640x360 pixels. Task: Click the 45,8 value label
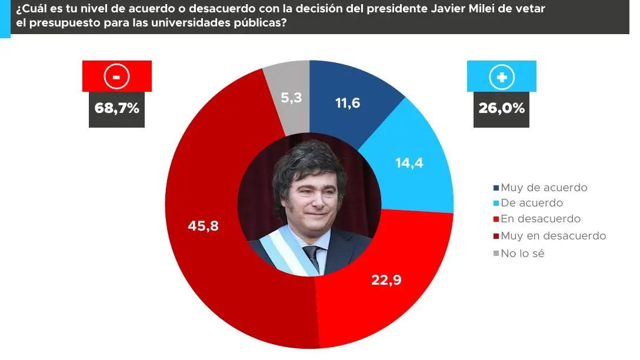[x=203, y=225]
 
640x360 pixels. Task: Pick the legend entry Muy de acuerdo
[x=544, y=188]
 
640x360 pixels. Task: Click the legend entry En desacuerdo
[x=540, y=219]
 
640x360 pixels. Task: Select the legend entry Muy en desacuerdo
[x=553, y=236]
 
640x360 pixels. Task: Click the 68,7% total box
[x=116, y=109]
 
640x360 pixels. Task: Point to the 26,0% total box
[x=501, y=109]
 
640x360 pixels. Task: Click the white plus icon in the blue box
[x=501, y=76]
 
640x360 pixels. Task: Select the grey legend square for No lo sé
[x=496, y=254]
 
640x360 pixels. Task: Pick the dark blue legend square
[x=496, y=188]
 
